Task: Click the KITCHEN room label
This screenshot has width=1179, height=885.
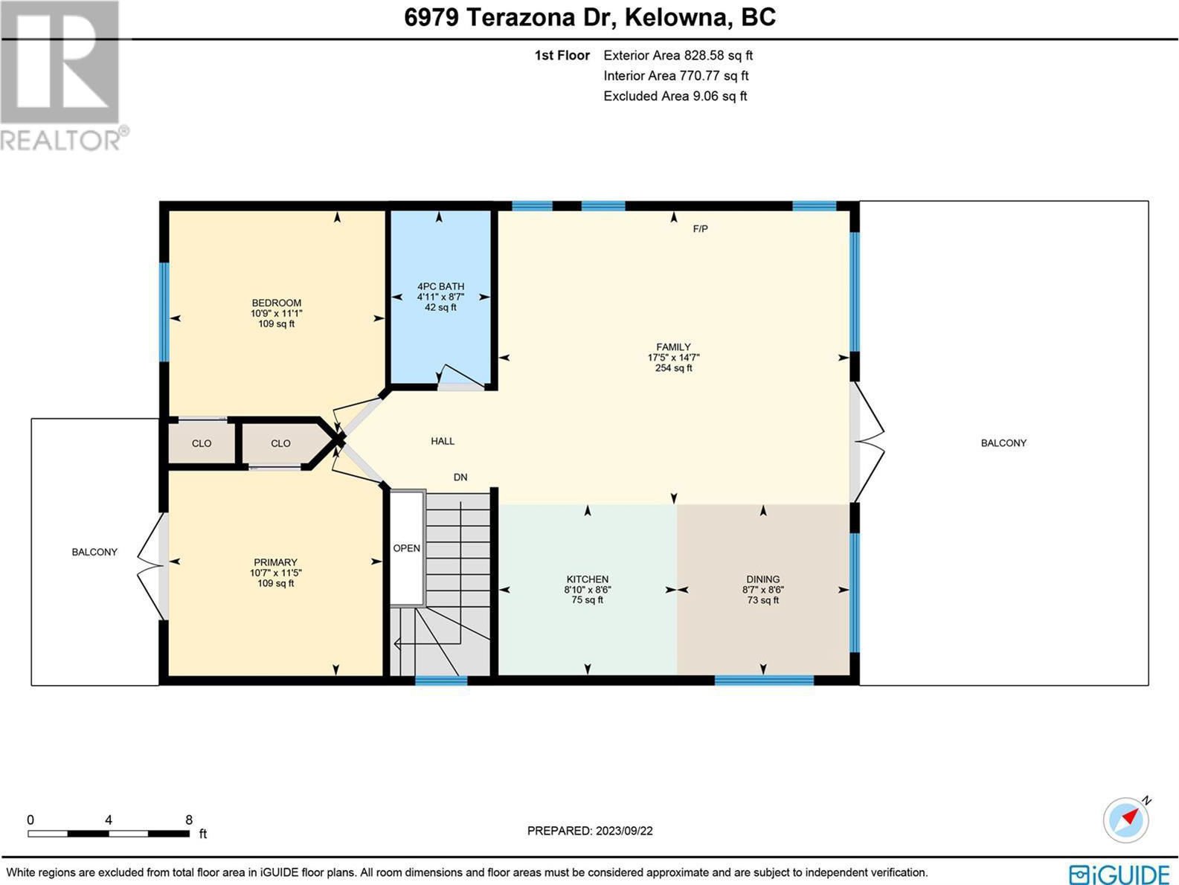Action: tap(587, 579)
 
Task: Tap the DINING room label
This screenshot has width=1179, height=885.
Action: tap(762, 579)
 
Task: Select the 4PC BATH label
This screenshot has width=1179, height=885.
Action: tap(440, 286)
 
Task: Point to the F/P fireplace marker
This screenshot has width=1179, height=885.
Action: tap(700, 229)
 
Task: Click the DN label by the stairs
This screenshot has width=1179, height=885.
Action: tap(460, 477)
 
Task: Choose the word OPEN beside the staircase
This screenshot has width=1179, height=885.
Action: tap(407, 548)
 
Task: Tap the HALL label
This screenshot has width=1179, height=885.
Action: tap(443, 441)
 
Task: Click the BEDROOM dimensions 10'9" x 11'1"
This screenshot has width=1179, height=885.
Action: tap(276, 313)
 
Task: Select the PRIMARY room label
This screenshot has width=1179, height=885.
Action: tap(275, 561)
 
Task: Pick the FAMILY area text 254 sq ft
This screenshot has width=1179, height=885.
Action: tap(674, 368)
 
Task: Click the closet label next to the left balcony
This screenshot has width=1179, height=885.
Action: tap(202, 443)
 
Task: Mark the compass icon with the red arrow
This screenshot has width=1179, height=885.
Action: tap(1126, 820)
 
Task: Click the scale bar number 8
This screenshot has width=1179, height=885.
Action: tap(188, 820)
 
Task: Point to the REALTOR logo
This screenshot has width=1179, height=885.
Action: tap(64, 76)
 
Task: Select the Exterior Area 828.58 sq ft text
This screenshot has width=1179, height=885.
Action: tap(678, 55)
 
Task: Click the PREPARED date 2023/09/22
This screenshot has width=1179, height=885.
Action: tap(624, 831)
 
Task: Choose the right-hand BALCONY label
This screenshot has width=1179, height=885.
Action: tap(1003, 443)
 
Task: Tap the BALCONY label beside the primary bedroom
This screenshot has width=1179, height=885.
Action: tap(94, 552)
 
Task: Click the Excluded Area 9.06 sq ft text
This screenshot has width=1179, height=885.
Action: tap(675, 96)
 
